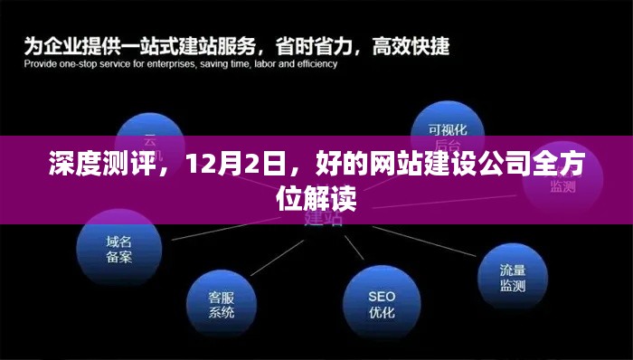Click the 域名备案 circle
click(x=118, y=250)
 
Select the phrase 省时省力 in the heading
click(x=324, y=42)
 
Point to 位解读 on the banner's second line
click(x=316, y=197)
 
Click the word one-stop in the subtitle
click(x=79, y=63)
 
